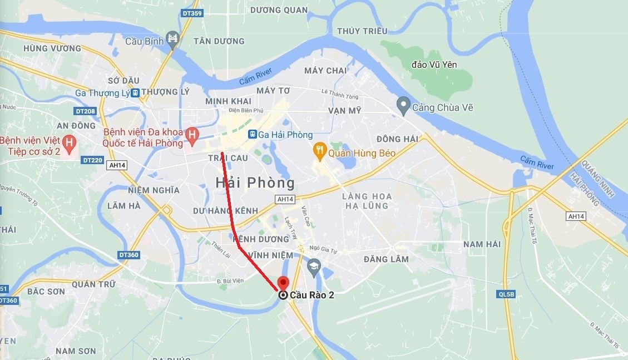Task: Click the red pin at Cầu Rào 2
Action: tap(284, 283)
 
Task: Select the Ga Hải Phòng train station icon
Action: tap(252, 135)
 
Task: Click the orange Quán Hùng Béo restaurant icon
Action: tap(319, 149)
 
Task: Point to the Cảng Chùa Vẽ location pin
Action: tap(403, 105)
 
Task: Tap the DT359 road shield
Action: tap(192, 13)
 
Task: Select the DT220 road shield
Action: tap(92, 160)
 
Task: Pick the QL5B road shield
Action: tap(507, 294)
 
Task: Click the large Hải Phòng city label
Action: tap(255, 182)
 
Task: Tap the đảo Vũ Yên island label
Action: tap(434, 65)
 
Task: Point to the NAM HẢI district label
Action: tap(482, 244)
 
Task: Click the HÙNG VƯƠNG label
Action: tap(52, 48)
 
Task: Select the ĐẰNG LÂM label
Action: tap(386, 259)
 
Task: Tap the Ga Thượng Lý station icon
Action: tap(135, 93)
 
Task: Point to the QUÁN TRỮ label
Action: tap(94, 283)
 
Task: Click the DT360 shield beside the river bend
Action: tap(128, 255)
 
